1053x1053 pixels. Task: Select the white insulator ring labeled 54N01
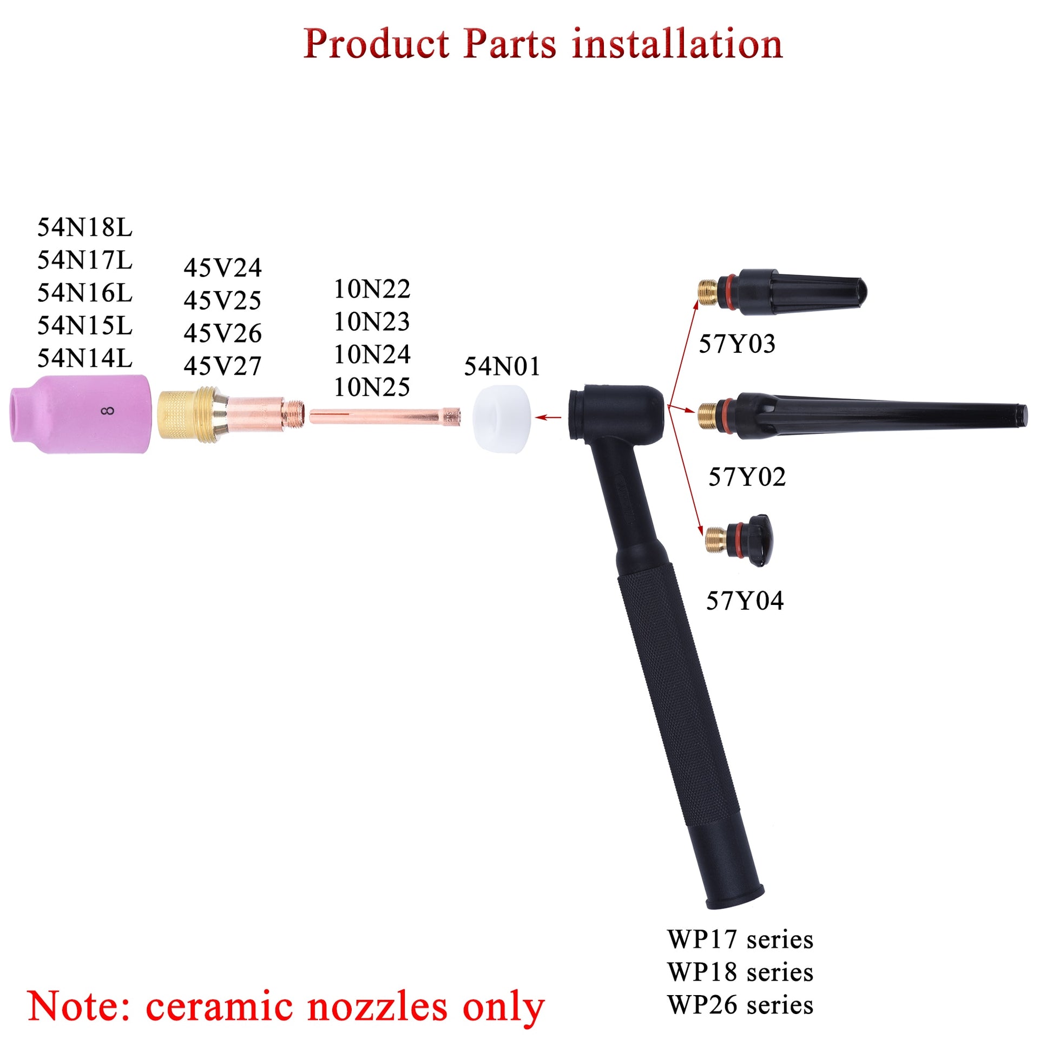(502, 418)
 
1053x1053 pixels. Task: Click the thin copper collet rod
(384, 417)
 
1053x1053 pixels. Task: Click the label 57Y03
(737, 345)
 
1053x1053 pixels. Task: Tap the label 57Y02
(747, 477)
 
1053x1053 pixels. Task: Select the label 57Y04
(745, 601)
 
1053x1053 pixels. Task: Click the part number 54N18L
(84, 228)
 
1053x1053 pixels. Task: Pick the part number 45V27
(222, 366)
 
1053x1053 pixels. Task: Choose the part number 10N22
(372, 289)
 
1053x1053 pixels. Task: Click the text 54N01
(502, 366)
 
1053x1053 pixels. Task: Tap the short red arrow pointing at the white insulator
(548, 418)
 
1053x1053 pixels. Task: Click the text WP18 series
(740, 972)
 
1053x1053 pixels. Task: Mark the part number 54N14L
(84, 359)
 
